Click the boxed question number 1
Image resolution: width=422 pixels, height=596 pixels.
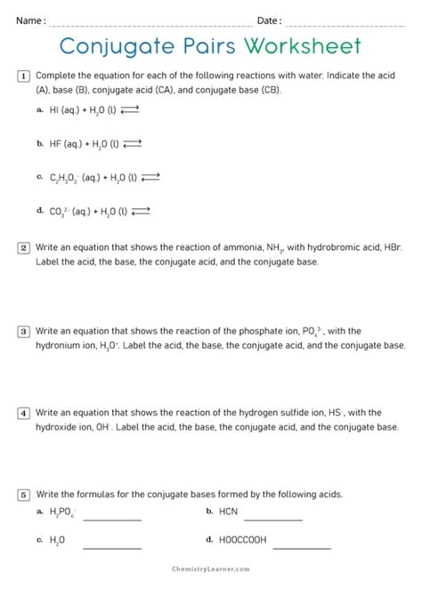24,77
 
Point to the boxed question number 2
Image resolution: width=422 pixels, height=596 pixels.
24,247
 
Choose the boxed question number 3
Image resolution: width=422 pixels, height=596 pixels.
24,331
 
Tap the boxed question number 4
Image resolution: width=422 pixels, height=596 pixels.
24,412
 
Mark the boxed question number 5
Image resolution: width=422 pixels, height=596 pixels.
24,494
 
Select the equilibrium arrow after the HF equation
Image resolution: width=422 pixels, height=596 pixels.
133,143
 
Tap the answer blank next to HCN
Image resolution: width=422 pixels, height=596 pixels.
273,518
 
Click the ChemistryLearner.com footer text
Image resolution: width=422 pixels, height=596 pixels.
211,568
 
